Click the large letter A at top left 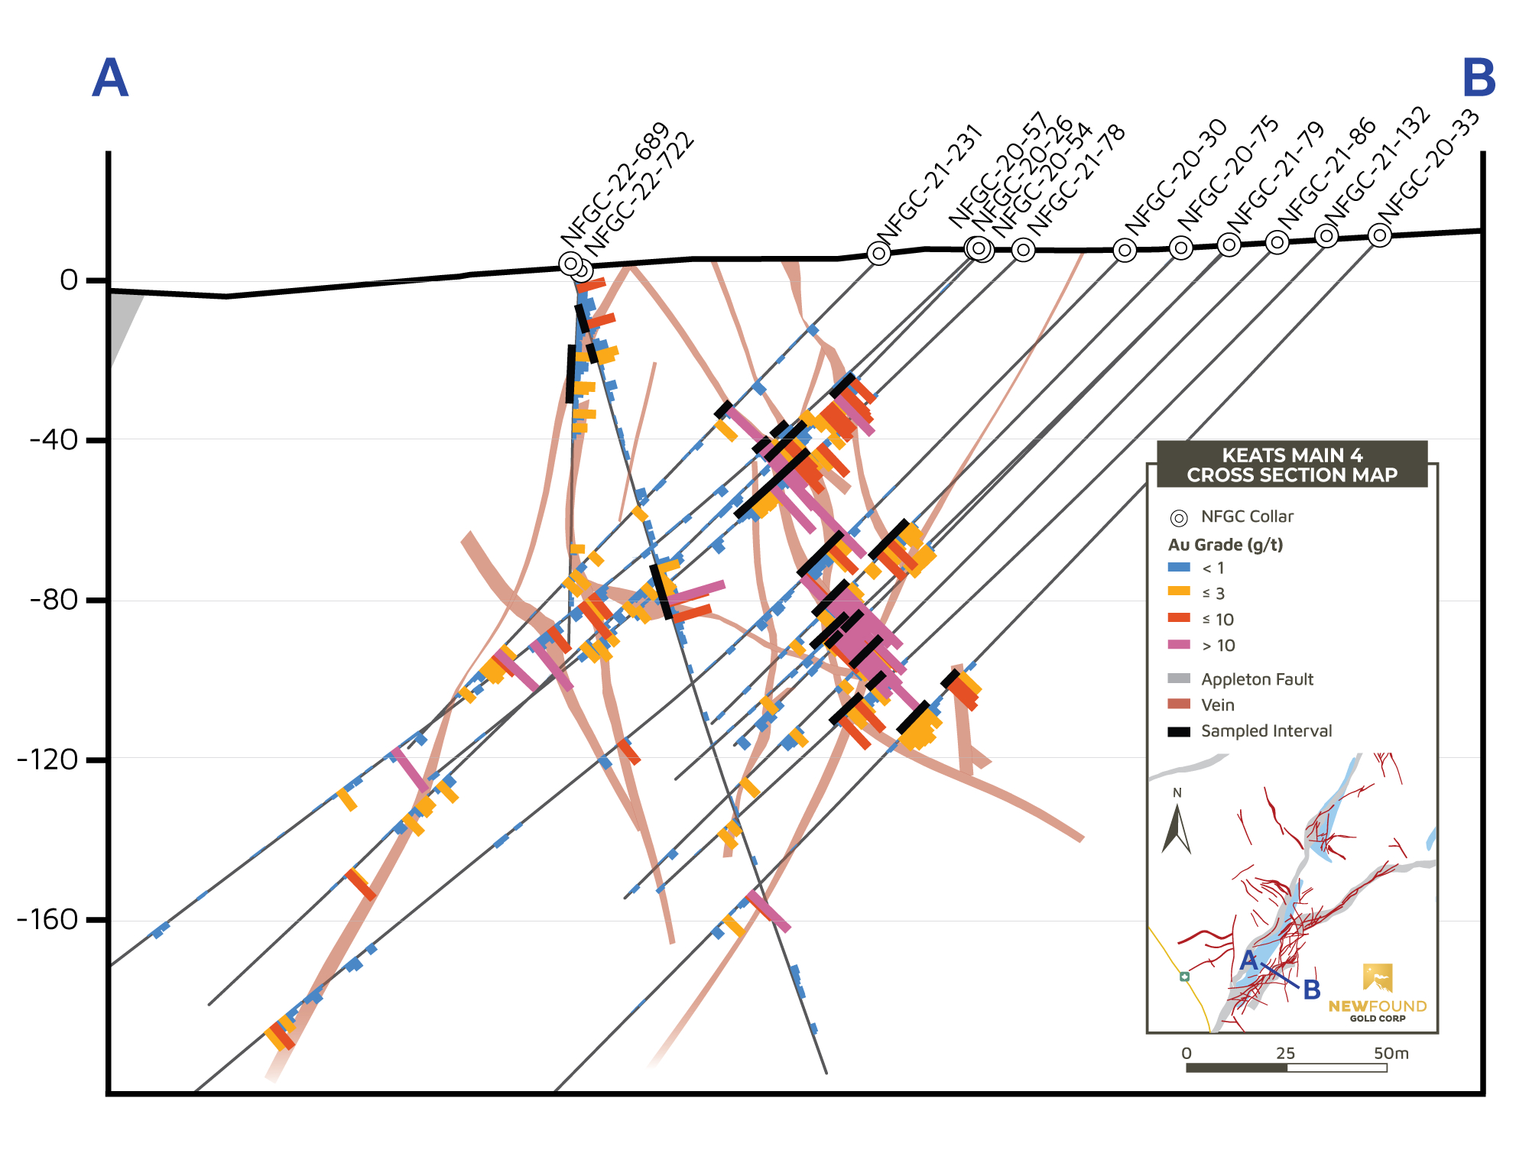[x=110, y=78]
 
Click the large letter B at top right [x=1479, y=78]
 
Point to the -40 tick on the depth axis [x=54, y=440]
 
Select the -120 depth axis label [x=47, y=759]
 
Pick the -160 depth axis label [x=47, y=919]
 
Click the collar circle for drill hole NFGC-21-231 [x=879, y=253]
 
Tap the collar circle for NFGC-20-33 [x=1379, y=235]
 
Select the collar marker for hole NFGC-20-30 [x=1124, y=250]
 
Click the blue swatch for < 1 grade [x=1179, y=568]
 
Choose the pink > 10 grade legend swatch [x=1179, y=645]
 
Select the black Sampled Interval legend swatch [x=1179, y=731]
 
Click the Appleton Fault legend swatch [x=1179, y=679]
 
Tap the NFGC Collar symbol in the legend [x=1179, y=518]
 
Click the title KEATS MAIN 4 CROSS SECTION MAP [x=1291, y=465]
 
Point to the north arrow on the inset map [x=1177, y=830]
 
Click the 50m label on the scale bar [x=1391, y=1054]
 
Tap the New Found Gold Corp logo [x=1377, y=993]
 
